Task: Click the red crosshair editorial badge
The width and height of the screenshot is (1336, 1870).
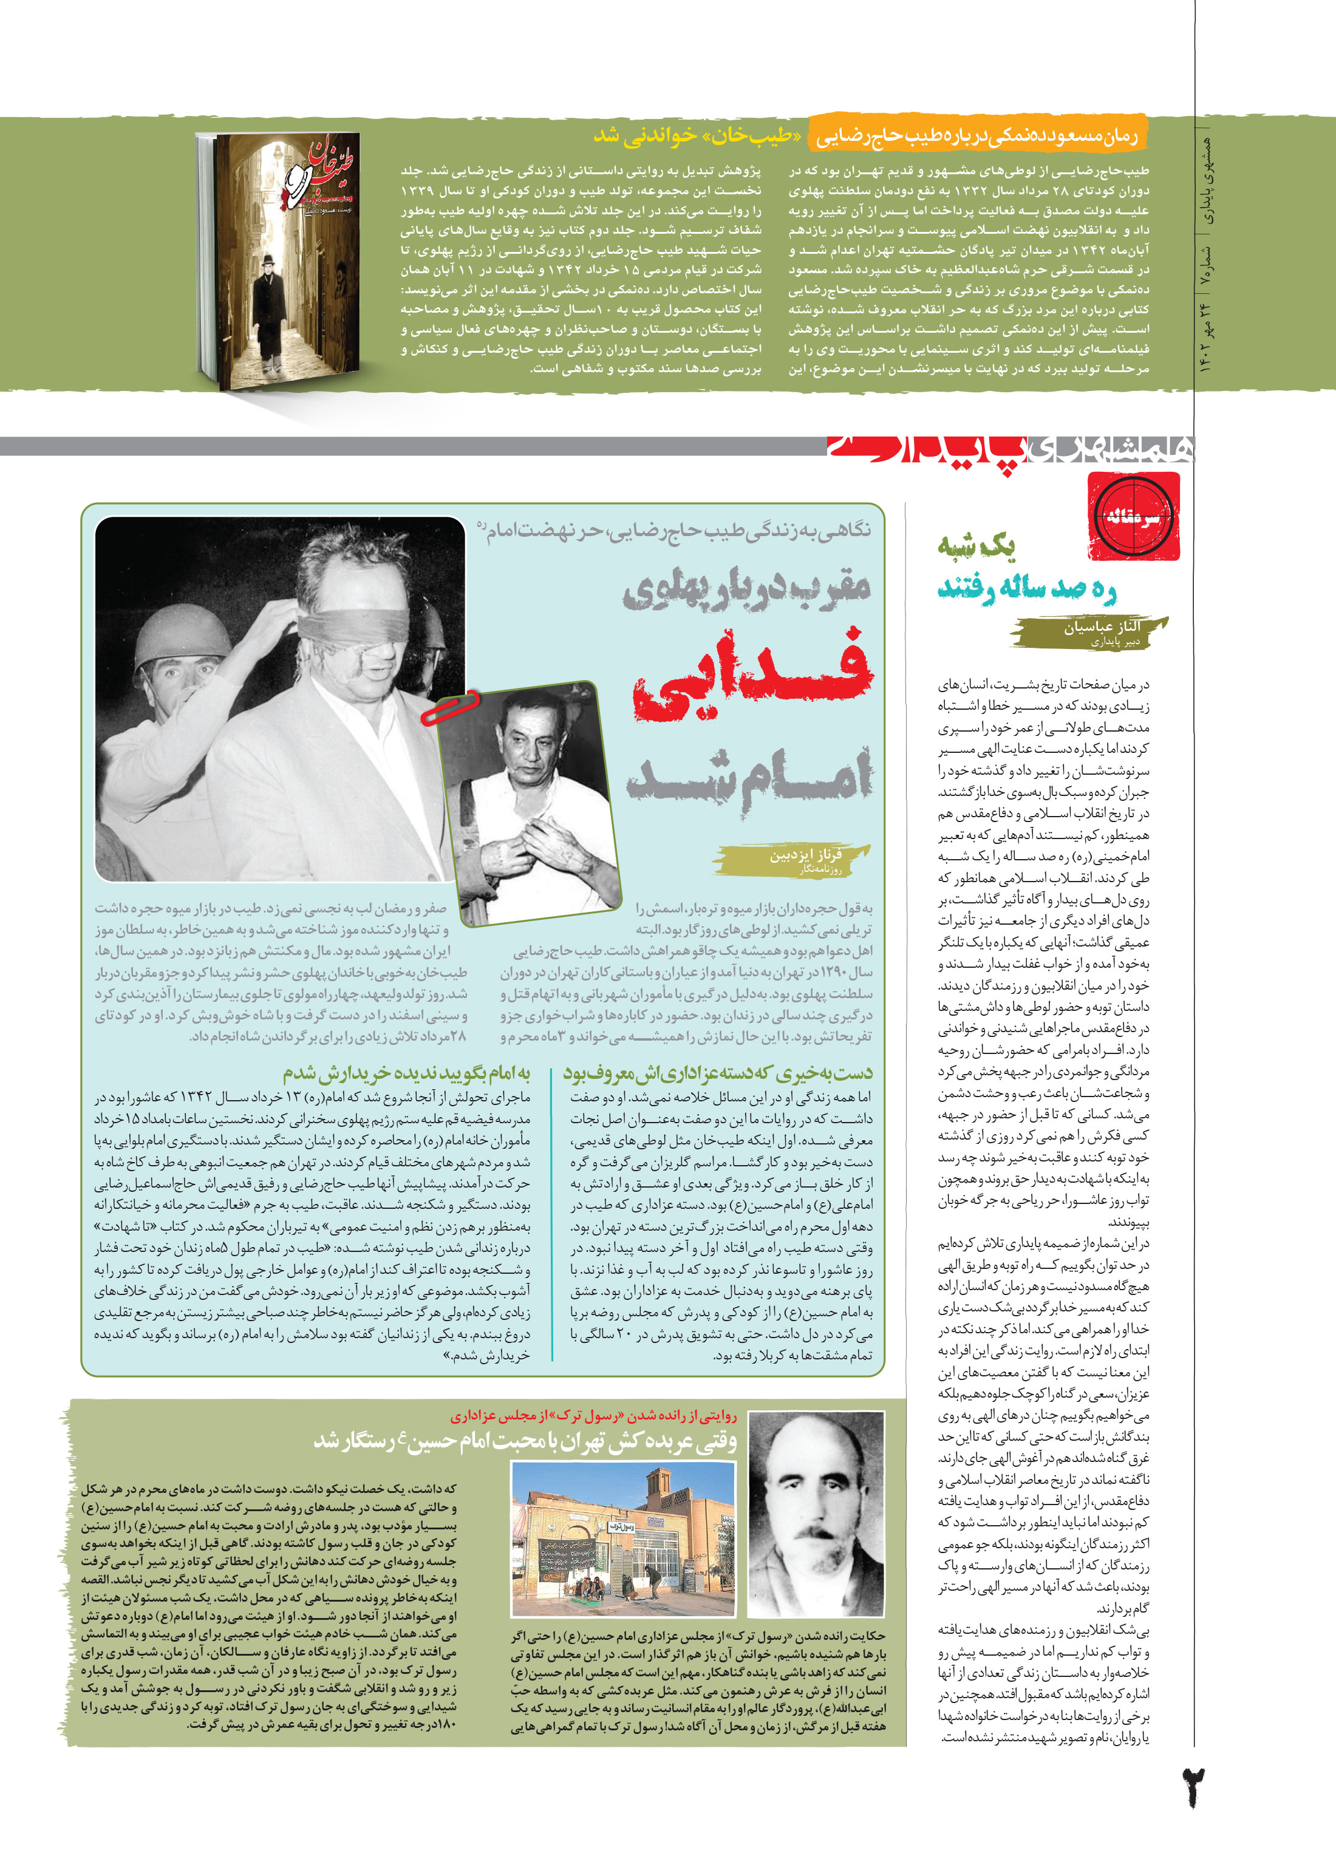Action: [1134, 517]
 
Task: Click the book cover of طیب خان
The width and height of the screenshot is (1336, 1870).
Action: [278, 262]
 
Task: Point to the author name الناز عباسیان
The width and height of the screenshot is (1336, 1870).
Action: [1102, 627]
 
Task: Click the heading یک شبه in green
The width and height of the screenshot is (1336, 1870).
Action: [976, 545]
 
